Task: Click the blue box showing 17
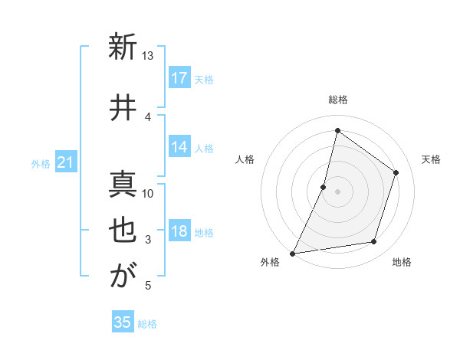(x=179, y=78)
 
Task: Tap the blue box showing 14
(x=179, y=147)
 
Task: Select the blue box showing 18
(x=179, y=232)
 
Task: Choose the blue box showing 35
(x=123, y=322)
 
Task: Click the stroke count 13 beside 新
(x=147, y=55)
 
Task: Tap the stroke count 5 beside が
(x=148, y=286)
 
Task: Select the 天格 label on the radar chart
(x=431, y=159)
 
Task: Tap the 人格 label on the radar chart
(x=245, y=159)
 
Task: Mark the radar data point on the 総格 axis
(x=337, y=130)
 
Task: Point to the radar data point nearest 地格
(x=374, y=242)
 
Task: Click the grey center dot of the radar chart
(x=337, y=191)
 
